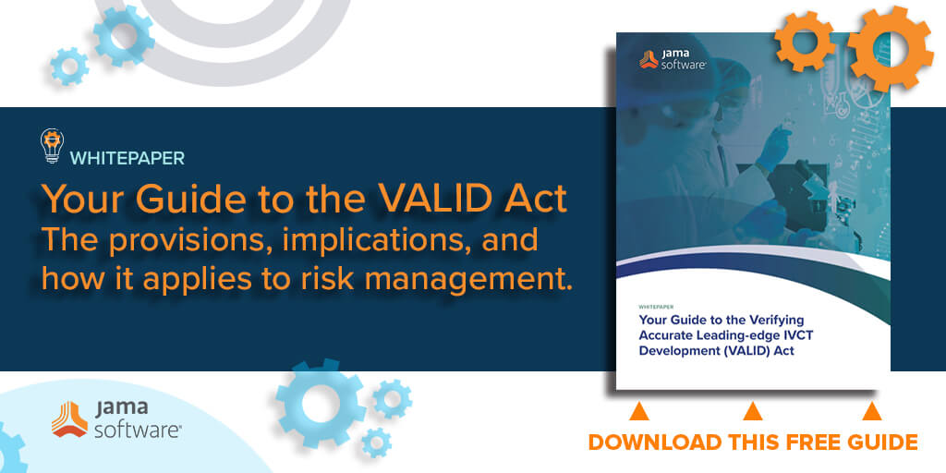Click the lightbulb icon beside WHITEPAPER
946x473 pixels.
pyautogui.click(x=53, y=145)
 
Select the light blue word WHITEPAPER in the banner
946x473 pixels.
pyautogui.click(x=127, y=158)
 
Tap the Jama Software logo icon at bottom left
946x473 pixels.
pyautogui.click(x=69, y=418)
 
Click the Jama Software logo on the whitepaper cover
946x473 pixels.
pyautogui.click(x=673, y=59)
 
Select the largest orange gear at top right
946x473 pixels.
pyautogui.click(x=891, y=48)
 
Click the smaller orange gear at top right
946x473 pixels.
pyautogui.click(x=805, y=41)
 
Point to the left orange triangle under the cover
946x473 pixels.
pyautogui.click(x=638, y=411)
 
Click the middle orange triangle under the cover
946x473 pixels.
pyautogui.click(x=752, y=411)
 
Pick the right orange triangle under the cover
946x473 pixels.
pyautogui.click(x=871, y=411)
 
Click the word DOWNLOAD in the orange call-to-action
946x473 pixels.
pyautogui.click(x=655, y=443)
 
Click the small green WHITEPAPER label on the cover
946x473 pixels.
pyautogui.click(x=657, y=307)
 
